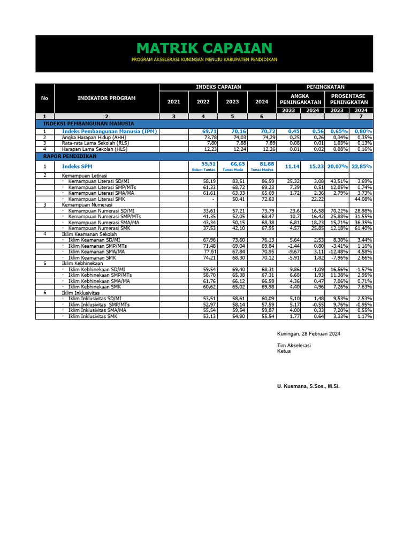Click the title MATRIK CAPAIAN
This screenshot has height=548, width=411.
203,48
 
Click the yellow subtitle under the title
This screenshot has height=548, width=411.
204,60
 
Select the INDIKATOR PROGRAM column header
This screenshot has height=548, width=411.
106,98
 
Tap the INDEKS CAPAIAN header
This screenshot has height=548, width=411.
218,87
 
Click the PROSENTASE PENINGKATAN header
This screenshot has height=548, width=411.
349,99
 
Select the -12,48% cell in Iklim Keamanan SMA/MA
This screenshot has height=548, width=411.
337,252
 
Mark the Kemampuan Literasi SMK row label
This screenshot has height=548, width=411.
94,199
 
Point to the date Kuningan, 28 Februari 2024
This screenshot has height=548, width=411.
309,334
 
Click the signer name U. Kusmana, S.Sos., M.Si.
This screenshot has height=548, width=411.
308,386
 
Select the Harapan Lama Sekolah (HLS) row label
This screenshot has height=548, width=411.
90,149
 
